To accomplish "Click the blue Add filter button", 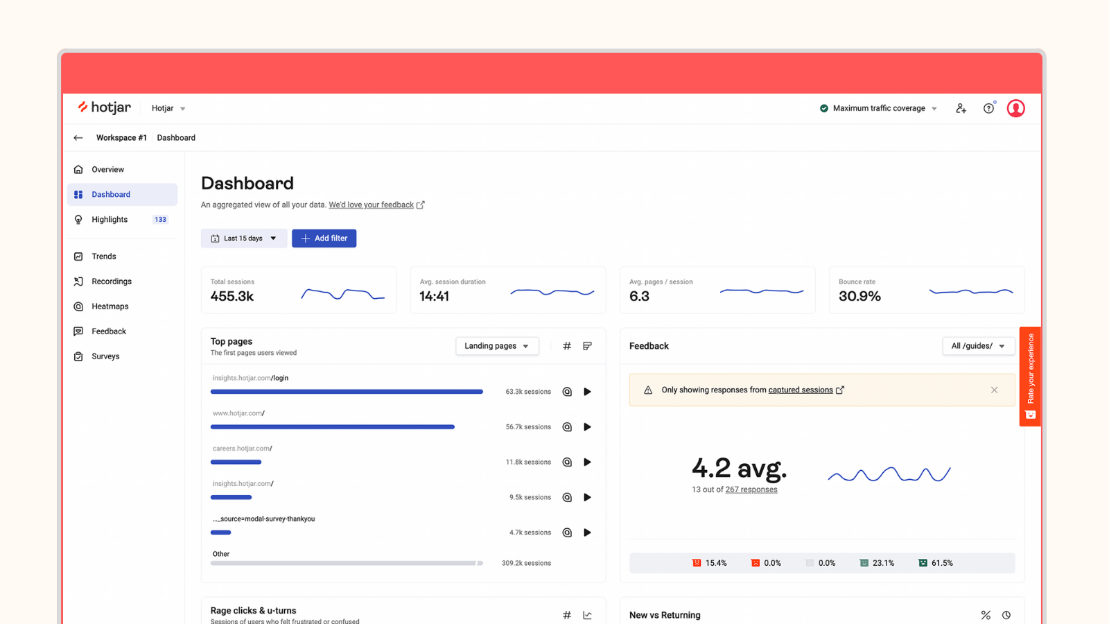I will pyautogui.click(x=324, y=239).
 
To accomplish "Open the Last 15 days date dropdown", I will pyautogui.click(x=244, y=239).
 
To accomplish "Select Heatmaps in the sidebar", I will pyautogui.click(x=110, y=306).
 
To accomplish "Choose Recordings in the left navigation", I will pyautogui.click(x=111, y=281).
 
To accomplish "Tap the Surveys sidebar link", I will pyautogui.click(x=105, y=356).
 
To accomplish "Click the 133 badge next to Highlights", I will pyautogui.click(x=160, y=220).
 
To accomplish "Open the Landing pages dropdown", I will pyautogui.click(x=496, y=346).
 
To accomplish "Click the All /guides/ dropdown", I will pyautogui.click(x=978, y=346).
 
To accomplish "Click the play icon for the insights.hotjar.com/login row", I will pyautogui.click(x=587, y=392).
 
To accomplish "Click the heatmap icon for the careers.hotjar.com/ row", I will pyautogui.click(x=567, y=462).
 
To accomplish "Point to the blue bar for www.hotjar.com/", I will pyautogui.click(x=332, y=427).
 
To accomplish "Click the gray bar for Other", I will pyautogui.click(x=346, y=564).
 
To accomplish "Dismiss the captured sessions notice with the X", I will pyautogui.click(x=994, y=390).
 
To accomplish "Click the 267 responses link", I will pyautogui.click(x=751, y=489).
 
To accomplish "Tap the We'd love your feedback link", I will pyautogui.click(x=371, y=205).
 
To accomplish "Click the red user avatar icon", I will pyautogui.click(x=1015, y=108).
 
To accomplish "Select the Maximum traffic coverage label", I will pyautogui.click(x=878, y=108).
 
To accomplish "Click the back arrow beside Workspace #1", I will pyautogui.click(x=78, y=138).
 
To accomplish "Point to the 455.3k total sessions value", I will pyautogui.click(x=232, y=296).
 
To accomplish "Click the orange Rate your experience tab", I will pyautogui.click(x=1030, y=376).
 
